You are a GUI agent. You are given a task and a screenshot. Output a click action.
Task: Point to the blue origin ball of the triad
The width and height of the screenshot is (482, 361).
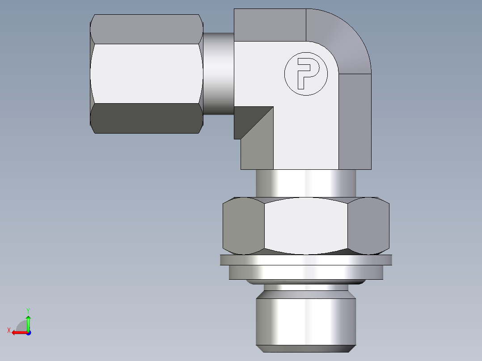[x=28, y=333]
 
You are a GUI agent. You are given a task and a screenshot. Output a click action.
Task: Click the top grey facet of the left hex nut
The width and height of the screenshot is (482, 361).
[x=146, y=29]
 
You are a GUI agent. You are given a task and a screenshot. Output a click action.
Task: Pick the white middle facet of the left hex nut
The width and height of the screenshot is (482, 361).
[x=146, y=73]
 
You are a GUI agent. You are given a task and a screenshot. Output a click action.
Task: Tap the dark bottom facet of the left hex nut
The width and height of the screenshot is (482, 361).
[x=146, y=118]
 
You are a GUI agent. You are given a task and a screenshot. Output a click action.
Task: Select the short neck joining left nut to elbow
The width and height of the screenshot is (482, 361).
[x=219, y=74]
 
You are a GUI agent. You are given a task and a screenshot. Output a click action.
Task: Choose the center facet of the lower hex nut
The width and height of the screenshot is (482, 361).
[x=306, y=226]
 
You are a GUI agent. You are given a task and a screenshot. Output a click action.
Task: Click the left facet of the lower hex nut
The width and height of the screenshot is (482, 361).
[x=243, y=226]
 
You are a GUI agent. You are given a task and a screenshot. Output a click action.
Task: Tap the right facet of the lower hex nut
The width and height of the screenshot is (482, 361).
[x=368, y=226]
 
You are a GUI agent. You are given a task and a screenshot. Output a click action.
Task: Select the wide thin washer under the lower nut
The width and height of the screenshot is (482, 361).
[x=306, y=260]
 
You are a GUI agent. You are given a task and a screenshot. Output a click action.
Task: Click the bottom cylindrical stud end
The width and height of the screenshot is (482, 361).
[x=306, y=322]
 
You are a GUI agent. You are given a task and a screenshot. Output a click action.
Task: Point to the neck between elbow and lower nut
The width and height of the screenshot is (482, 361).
[x=306, y=183]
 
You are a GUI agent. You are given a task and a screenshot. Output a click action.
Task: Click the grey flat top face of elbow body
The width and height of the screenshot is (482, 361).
[x=270, y=25]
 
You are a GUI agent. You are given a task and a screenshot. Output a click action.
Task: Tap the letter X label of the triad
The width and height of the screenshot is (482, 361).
[x=9, y=330]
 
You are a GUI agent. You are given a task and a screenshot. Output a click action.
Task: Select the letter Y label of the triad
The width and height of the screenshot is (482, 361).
[x=28, y=310]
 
